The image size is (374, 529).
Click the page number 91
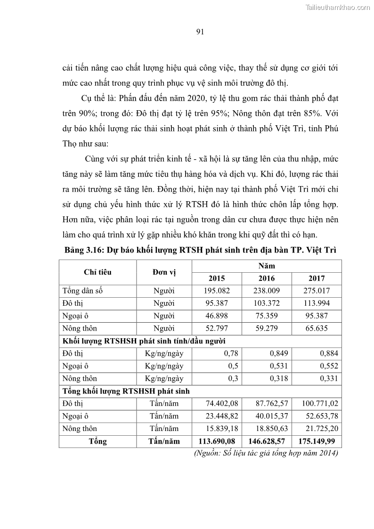tap(199, 32)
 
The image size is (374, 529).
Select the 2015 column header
tap(216, 278)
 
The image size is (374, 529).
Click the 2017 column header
tap(317, 278)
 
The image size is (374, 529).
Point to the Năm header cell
tap(267, 266)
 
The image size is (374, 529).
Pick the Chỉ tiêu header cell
tap(98, 272)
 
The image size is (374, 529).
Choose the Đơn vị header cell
tap(164, 272)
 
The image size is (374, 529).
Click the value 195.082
tap(216, 291)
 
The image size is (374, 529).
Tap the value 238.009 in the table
tap(267, 291)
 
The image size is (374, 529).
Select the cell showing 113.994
tap(317, 303)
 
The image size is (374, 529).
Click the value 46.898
tap(216, 316)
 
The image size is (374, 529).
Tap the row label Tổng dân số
tap(82, 291)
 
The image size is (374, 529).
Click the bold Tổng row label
tap(98, 441)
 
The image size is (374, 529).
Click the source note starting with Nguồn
tap(267, 453)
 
